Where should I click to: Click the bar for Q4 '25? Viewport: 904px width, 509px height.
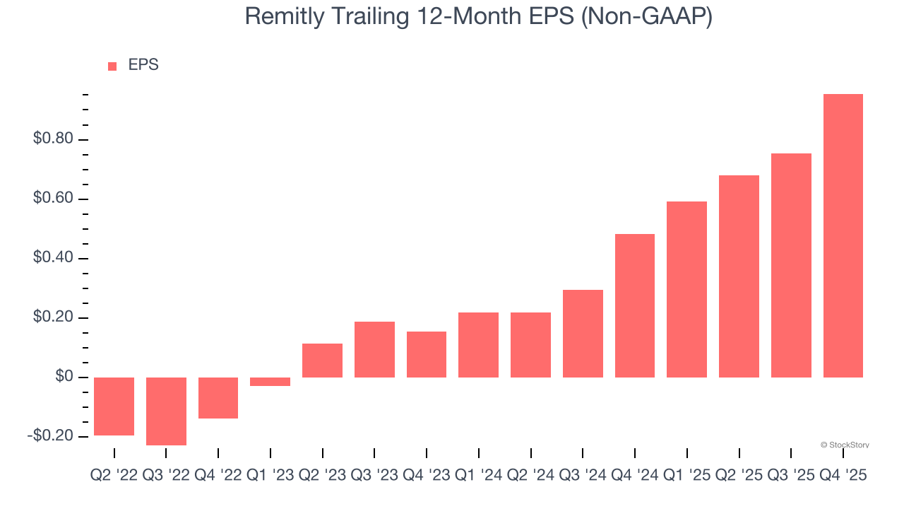843,235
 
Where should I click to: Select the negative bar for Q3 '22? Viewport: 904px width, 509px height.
166,411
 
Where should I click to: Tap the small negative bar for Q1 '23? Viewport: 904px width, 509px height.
270,382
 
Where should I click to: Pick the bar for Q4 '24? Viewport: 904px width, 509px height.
634,305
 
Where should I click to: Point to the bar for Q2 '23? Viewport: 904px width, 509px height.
322,361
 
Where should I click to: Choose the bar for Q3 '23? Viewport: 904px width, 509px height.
374,349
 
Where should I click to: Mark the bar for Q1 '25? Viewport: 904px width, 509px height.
686,289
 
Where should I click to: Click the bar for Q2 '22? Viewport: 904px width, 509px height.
114,406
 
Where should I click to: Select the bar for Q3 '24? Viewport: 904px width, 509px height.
583,333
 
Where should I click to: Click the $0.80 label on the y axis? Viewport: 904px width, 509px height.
53,139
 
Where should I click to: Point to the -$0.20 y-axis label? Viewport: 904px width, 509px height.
50,436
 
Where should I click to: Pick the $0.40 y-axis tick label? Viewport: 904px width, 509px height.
53,258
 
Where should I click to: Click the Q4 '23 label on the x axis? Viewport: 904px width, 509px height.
426,476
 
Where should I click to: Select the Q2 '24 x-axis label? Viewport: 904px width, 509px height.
530,476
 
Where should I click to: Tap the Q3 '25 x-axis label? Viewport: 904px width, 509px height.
791,476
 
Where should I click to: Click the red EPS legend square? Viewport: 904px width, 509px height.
112,66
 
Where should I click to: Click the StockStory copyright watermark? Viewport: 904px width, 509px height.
845,445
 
